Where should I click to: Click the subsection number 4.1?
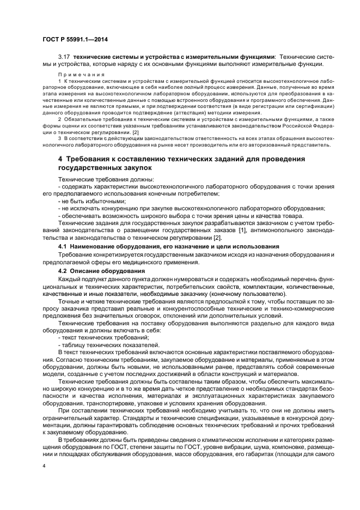point(62,246)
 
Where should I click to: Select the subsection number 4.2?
point(62,270)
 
